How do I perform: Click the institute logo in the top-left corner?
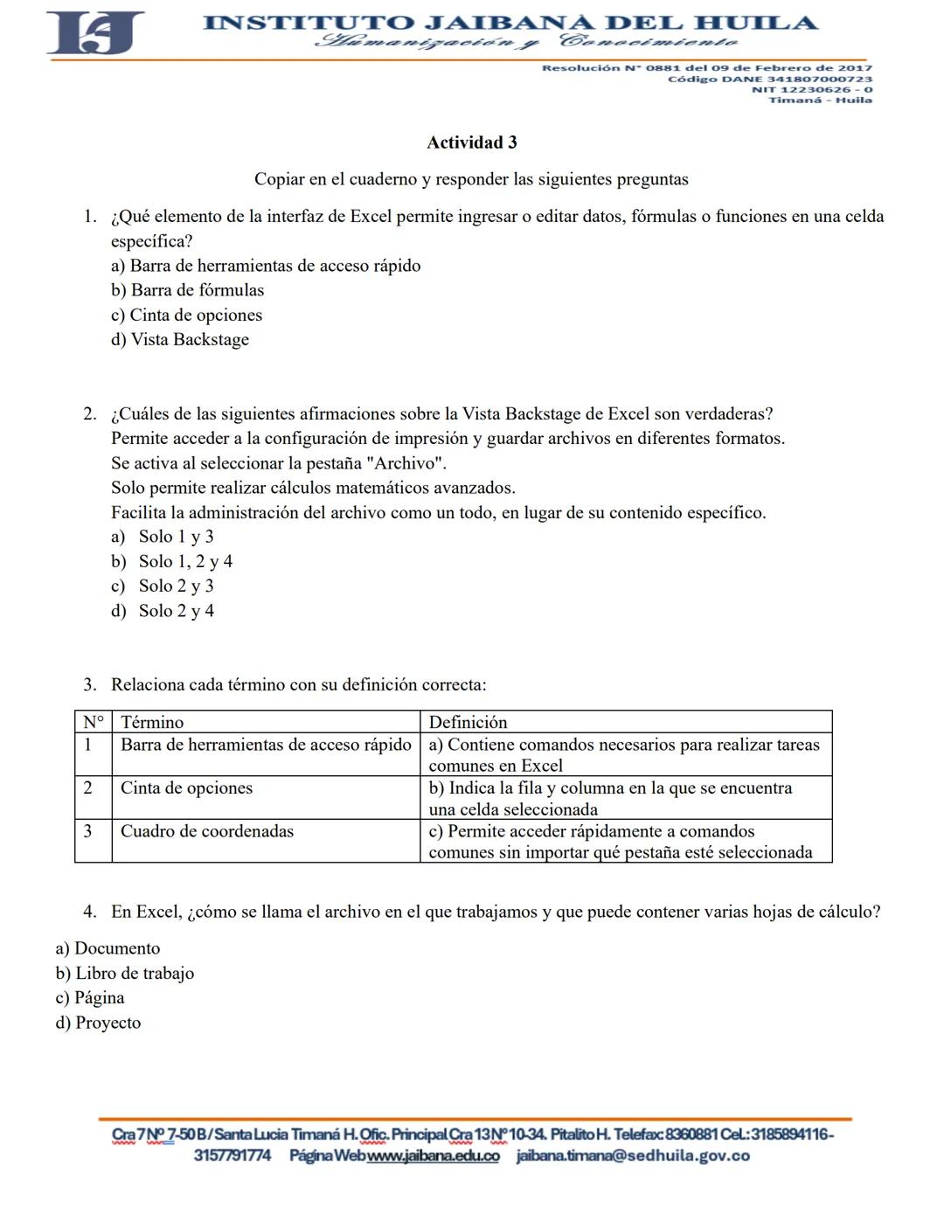click(x=94, y=33)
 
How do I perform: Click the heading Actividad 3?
click(x=471, y=142)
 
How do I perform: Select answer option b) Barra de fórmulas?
click(x=187, y=290)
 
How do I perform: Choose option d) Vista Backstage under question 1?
click(x=179, y=339)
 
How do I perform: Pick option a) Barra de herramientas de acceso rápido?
click(x=266, y=266)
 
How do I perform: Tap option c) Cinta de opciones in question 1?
click(x=186, y=315)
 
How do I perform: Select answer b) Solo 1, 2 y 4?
click(x=172, y=561)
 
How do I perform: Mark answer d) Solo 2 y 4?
click(x=163, y=611)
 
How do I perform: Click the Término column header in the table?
click(x=152, y=722)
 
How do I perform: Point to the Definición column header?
click(x=468, y=722)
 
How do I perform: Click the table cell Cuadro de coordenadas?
click(x=207, y=831)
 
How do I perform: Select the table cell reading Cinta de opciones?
click(x=186, y=788)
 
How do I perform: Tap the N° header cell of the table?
click(x=93, y=722)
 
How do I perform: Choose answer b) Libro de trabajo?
click(x=125, y=973)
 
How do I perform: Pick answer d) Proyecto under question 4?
click(x=98, y=1023)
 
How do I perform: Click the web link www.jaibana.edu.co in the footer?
click(x=433, y=1156)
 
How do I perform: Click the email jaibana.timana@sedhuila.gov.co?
click(x=633, y=1156)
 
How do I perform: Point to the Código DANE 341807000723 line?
click(x=769, y=79)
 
